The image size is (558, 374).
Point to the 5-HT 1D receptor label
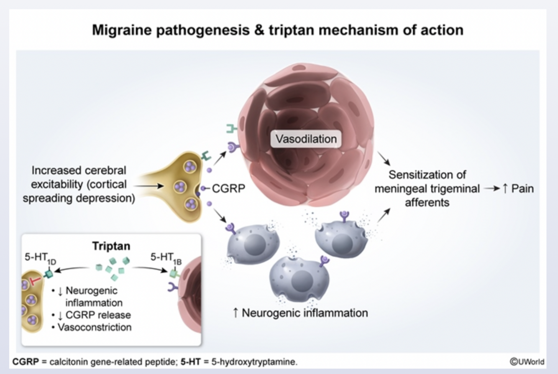[x=40, y=259]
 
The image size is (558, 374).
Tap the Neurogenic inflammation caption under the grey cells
[x=300, y=313]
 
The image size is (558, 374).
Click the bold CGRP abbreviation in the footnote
[x=26, y=361]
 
